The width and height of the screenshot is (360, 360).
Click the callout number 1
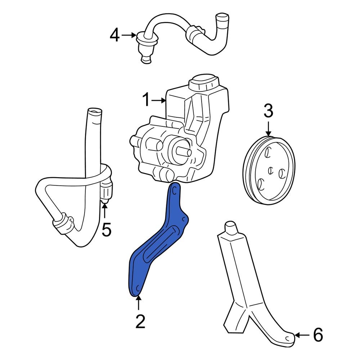point(145,100)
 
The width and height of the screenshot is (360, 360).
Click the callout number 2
point(140,321)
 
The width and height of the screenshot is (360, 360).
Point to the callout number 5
point(106,230)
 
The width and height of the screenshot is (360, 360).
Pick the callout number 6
point(318,336)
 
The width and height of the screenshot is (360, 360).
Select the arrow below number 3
point(269,128)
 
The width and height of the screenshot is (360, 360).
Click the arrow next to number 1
point(158,101)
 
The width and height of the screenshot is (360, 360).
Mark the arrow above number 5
point(105,211)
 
